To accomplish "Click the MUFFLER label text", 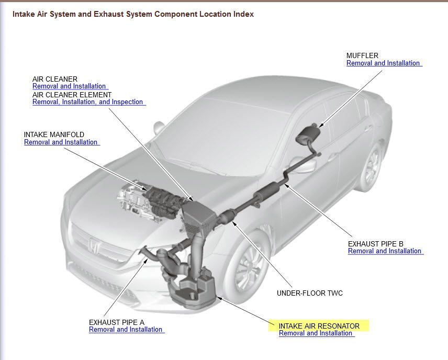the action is [362, 55].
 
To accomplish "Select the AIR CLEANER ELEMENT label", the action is [72, 95].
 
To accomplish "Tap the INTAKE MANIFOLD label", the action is [54, 134].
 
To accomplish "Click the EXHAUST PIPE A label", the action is [117, 322].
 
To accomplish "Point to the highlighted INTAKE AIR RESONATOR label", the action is [319, 326].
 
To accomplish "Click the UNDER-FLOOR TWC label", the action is [310, 293].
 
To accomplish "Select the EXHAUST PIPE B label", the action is [376, 244].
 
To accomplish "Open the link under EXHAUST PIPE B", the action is [385, 251].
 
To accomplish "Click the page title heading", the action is [133, 14].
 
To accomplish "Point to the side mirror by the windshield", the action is [159, 128].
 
